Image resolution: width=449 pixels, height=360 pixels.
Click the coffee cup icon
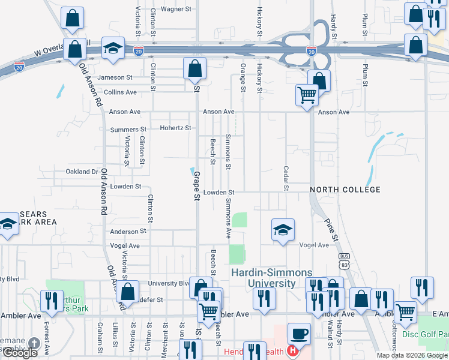[298, 333]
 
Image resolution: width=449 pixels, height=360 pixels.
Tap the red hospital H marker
[292, 350]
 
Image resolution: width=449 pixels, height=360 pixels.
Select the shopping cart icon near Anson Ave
[307, 94]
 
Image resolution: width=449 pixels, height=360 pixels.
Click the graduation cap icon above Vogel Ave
[283, 229]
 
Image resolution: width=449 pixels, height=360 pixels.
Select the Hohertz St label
[175, 128]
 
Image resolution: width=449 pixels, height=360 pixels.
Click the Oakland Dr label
[82, 172]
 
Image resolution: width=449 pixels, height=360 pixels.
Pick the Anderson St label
[128, 231]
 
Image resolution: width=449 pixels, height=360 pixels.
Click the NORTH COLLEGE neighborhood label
[345, 190]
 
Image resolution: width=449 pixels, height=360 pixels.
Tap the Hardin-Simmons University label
[264, 278]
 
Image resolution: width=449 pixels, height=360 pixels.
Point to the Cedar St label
[286, 179]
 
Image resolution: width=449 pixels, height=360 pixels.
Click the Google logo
[20, 353]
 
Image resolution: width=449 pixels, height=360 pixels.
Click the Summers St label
[128, 130]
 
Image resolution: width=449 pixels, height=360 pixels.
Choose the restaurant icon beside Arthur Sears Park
[50, 299]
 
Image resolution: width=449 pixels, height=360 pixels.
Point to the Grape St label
[196, 186]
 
